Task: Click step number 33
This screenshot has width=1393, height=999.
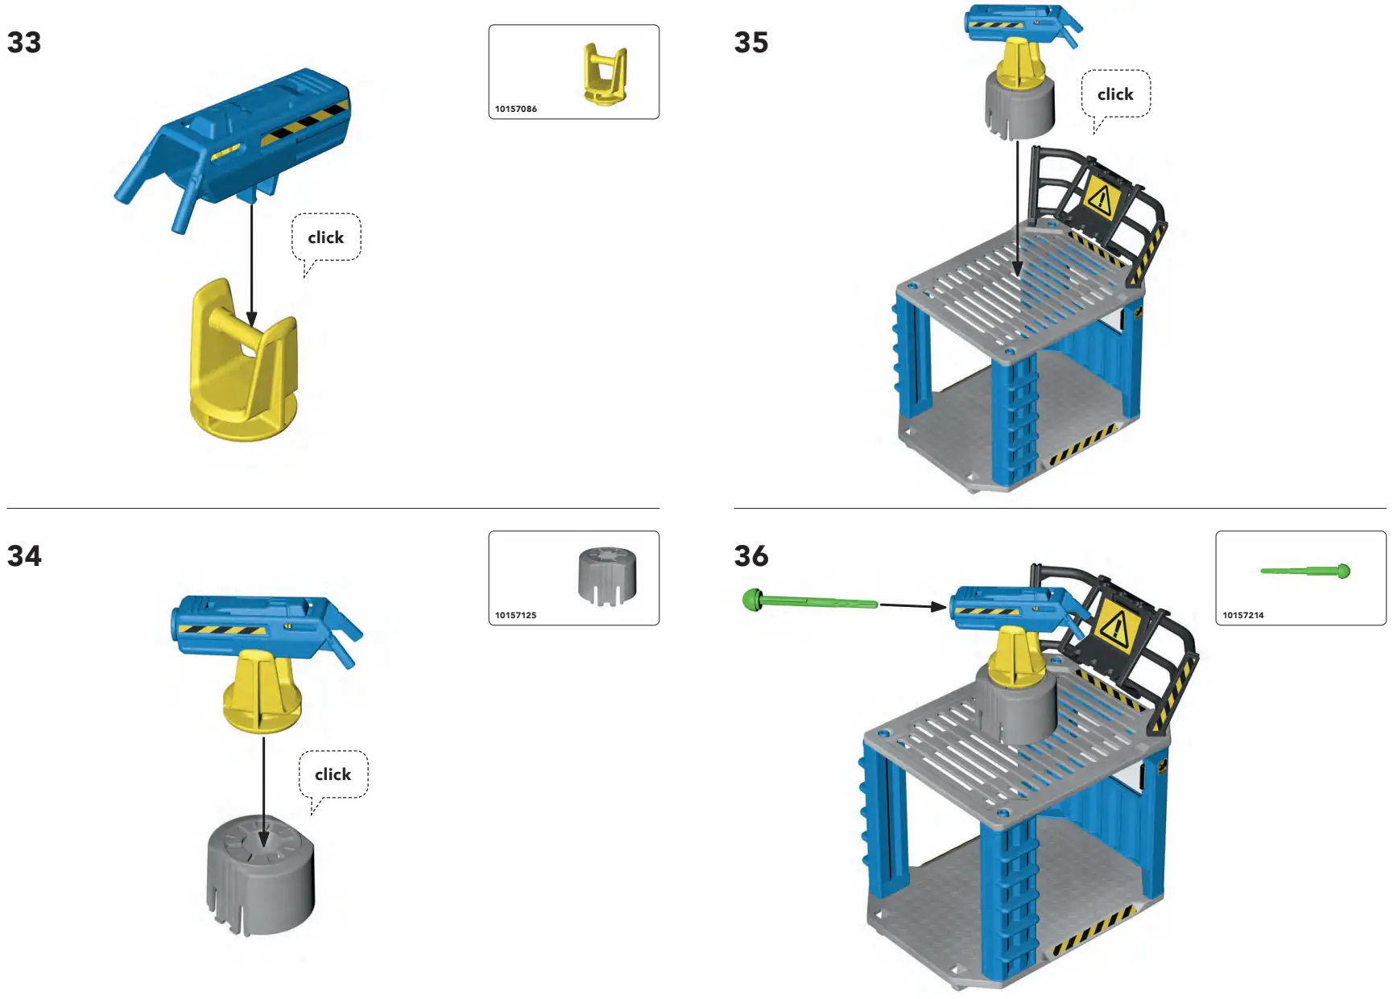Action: coord(24,43)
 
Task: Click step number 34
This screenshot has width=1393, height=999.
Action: coord(24,555)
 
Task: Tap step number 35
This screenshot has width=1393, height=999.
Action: coord(750,43)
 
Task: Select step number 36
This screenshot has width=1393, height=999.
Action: coord(750,555)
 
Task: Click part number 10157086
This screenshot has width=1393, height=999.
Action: coord(515,109)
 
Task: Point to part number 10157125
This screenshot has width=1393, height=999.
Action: coord(515,615)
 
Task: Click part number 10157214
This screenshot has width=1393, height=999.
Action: coord(1242,615)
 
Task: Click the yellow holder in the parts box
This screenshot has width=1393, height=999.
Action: coord(605,74)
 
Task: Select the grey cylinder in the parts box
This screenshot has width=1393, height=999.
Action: coord(607,575)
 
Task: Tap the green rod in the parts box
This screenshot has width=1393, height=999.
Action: coord(1304,571)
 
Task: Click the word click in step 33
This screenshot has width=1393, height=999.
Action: coord(325,237)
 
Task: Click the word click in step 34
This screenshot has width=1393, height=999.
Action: coord(333,774)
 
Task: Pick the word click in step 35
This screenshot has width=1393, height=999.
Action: coord(1115,94)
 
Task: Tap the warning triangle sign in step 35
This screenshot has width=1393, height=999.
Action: coord(1101,197)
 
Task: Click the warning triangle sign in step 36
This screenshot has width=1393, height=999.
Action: coord(1116,625)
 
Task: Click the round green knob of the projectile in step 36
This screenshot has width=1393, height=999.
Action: coord(752,600)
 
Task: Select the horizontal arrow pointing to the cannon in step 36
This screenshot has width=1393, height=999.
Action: coord(912,605)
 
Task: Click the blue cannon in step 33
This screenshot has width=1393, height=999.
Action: coord(242,137)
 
